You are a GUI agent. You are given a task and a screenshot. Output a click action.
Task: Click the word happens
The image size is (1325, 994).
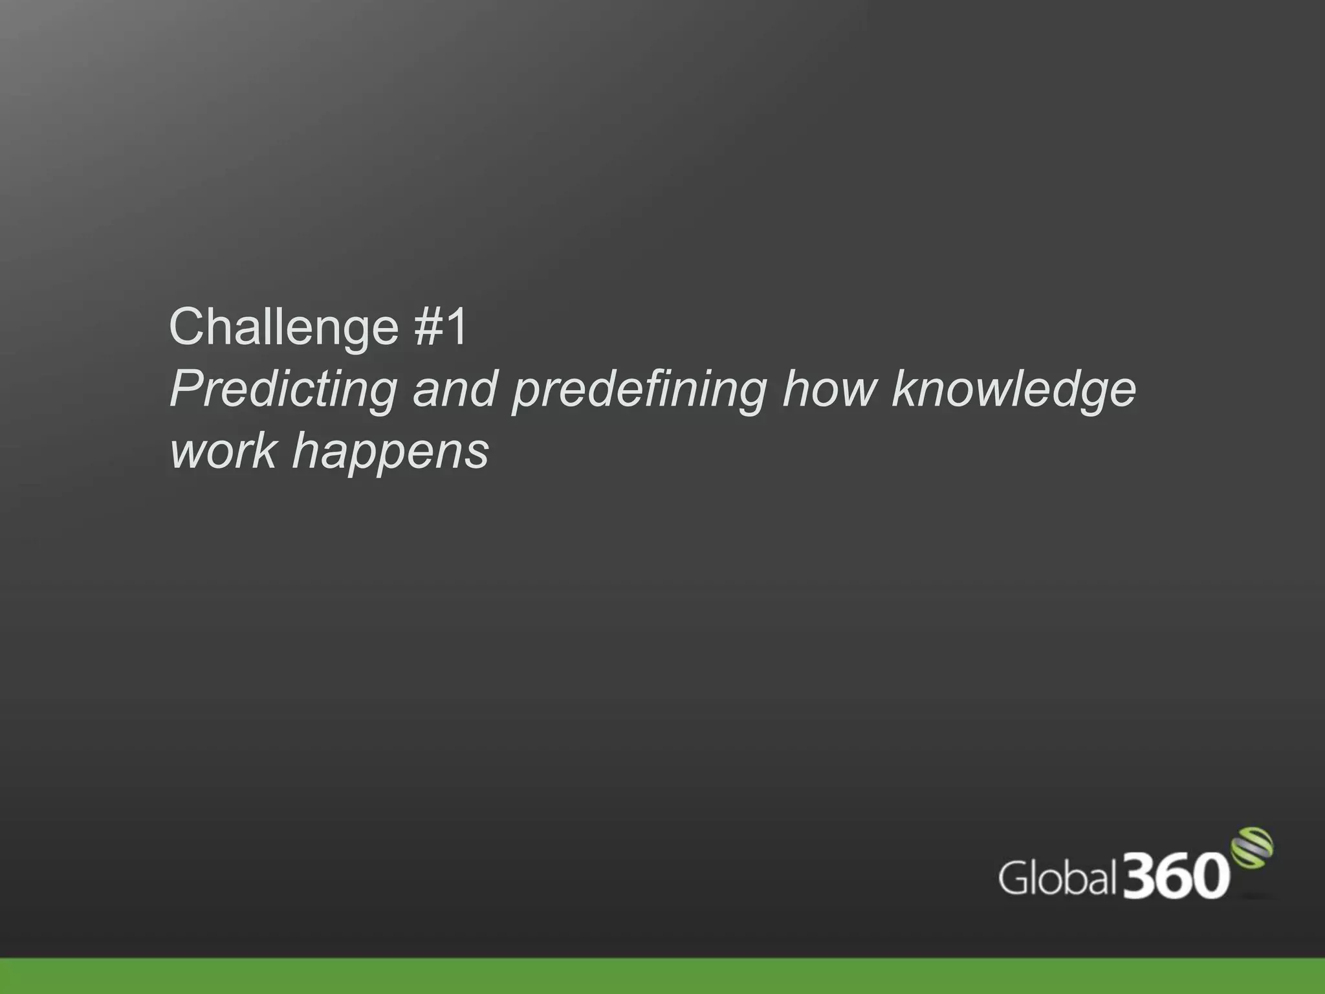tap(390, 452)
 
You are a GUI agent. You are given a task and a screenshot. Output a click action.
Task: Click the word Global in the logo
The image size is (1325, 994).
tap(1057, 878)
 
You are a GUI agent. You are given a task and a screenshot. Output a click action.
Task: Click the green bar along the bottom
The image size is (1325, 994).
tap(662, 976)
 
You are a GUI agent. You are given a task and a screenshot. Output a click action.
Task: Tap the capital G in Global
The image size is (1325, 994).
tap(1014, 878)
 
